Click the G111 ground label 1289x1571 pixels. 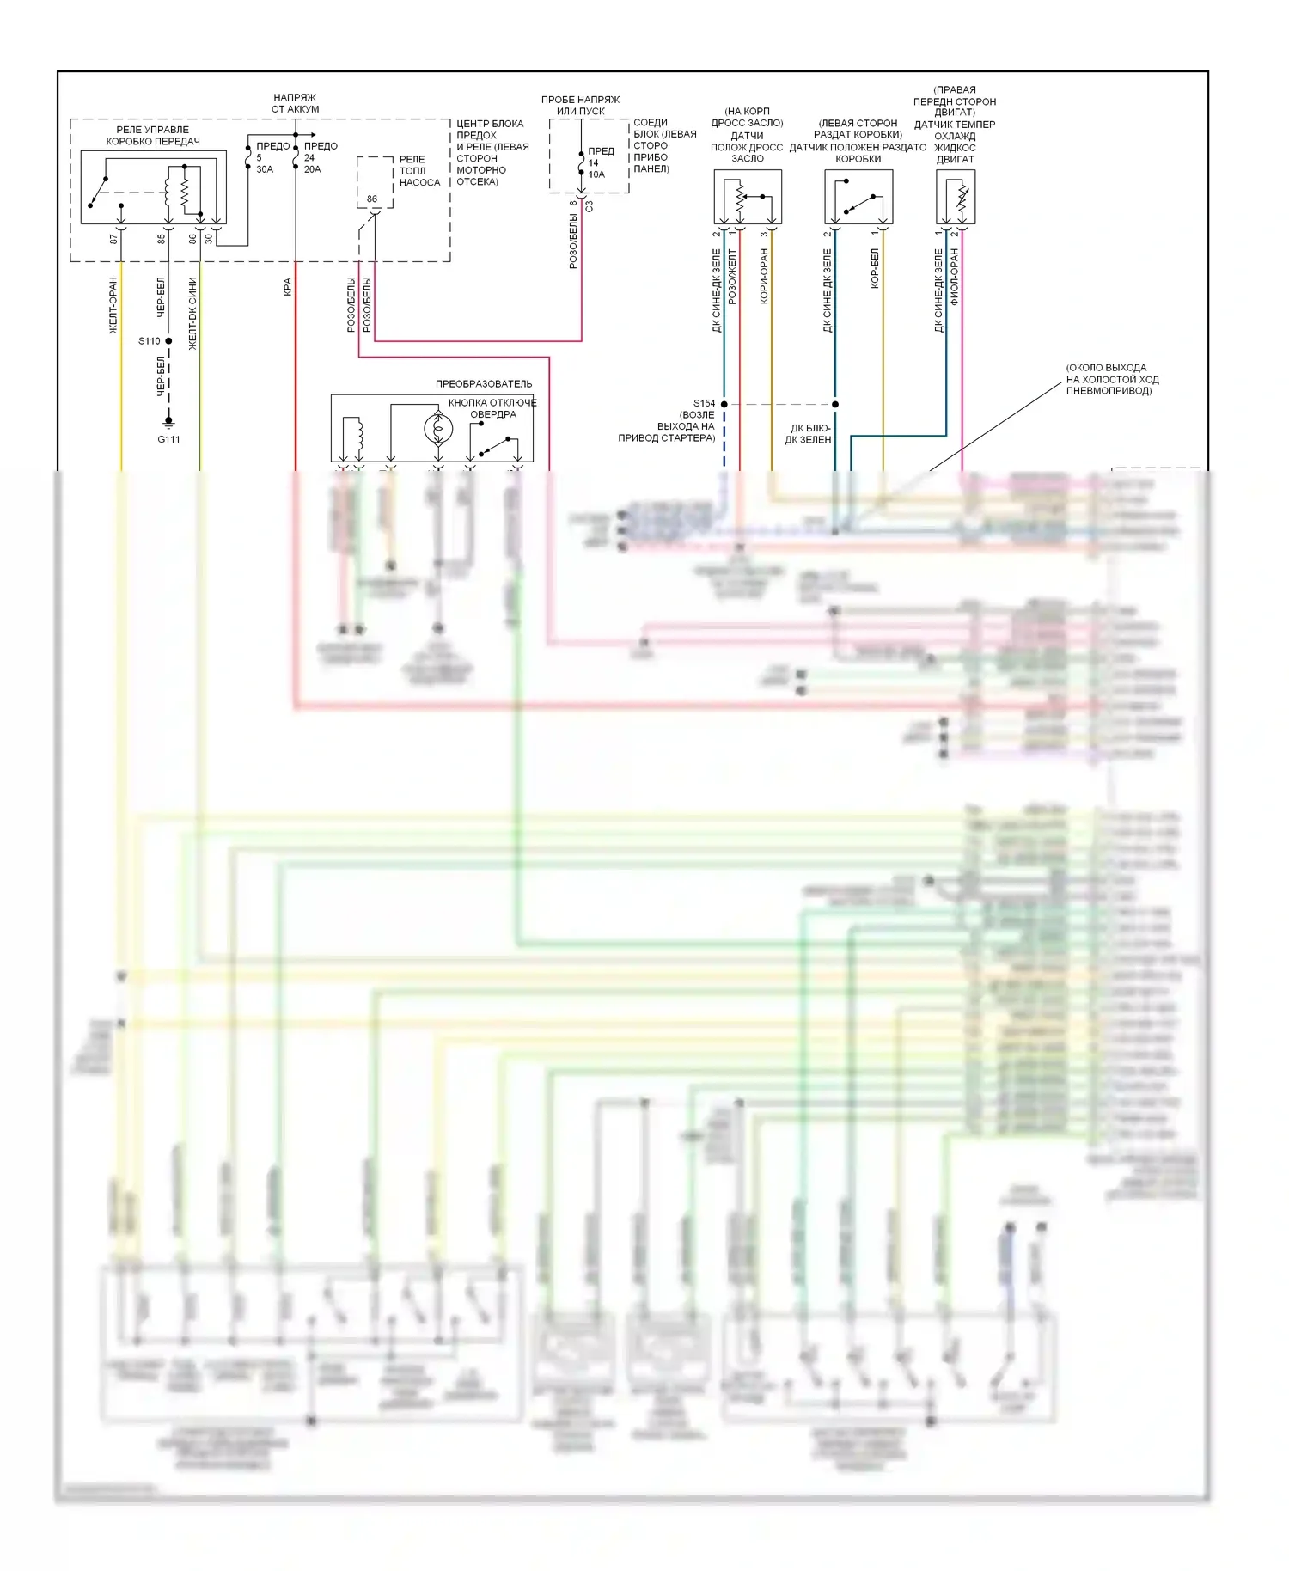(x=168, y=439)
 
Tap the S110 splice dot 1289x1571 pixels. (x=168, y=341)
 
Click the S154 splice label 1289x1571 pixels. (x=704, y=403)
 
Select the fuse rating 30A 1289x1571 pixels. (x=265, y=169)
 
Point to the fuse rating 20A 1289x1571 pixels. (x=312, y=169)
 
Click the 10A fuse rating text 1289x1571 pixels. (x=596, y=174)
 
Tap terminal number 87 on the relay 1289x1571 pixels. (x=113, y=239)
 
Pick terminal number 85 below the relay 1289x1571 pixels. (x=161, y=239)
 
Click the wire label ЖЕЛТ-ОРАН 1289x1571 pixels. (x=113, y=305)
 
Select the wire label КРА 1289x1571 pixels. (x=287, y=287)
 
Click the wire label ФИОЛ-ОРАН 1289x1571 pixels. (x=954, y=278)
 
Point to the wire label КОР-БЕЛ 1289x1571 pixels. (x=875, y=268)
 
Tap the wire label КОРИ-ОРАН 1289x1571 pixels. (x=763, y=277)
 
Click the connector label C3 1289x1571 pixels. (x=590, y=207)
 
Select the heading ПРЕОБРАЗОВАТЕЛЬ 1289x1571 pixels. (x=483, y=383)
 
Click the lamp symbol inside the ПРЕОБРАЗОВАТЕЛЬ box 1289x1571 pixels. (x=438, y=428)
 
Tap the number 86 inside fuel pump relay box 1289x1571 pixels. (x=372, y=199)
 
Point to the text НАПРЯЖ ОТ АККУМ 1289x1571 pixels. (x=295, y=103)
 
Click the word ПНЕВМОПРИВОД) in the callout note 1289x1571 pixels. (x=1109, y=391)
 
